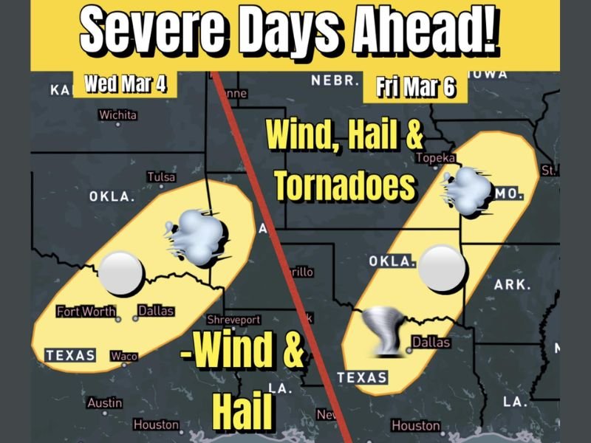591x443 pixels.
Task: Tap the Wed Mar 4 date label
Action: (x=123, y=83)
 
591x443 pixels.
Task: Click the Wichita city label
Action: (x=117, y=115)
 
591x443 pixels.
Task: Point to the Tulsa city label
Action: (x=161, y=177)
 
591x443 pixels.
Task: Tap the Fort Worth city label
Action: (x=86, y=312)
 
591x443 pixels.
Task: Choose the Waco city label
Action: (x=124, y=357)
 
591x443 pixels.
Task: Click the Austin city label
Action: (x=104, y=403)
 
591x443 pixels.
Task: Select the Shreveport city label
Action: (x=233, y=320)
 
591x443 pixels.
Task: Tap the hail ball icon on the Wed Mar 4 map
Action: (x=120, y=272)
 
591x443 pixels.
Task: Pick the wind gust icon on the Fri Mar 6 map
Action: (x=468, y=191)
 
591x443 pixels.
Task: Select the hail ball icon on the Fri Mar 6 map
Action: (x=442, y=267)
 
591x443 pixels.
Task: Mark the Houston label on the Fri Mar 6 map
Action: (x=415, y=426)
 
